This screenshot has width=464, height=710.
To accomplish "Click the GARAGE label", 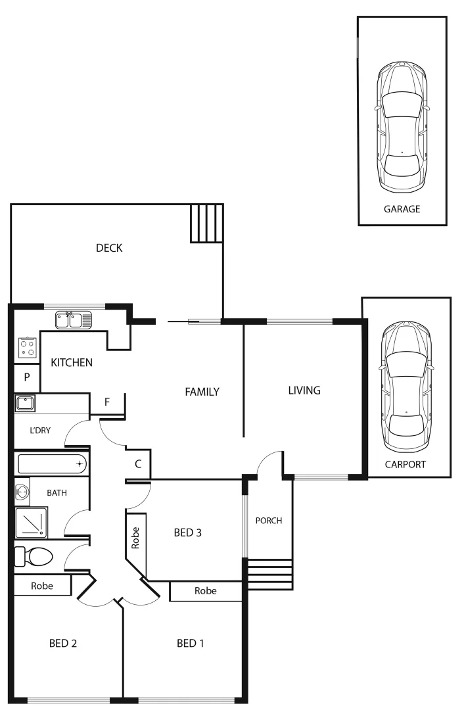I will [x=402, y=210].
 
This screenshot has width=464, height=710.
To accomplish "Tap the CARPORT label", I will [x=406, y=464].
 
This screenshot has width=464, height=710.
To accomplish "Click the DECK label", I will [x=109, y=248].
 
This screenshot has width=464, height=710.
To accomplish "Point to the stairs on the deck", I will [x=207, y=223].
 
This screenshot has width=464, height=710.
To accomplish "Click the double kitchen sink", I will [x=74, y=320].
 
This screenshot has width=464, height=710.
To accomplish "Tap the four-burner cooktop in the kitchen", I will [x=28, y=346].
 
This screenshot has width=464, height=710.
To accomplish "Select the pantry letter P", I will [x=27, y=377].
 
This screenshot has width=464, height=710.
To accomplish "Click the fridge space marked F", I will [x=107, y=401].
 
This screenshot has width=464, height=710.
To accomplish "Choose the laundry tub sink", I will [x=25, y=403].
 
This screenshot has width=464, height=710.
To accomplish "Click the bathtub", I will [x=52, y=464].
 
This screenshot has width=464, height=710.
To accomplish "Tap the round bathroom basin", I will [x=22, y=491].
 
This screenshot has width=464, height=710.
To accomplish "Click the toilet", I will [x=34, y=556].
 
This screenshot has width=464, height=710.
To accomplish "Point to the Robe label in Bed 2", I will [x=42, y=585].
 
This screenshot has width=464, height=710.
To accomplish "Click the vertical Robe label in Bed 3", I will [x=136, y=538].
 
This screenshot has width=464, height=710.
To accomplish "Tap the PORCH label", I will [x=268, y=521].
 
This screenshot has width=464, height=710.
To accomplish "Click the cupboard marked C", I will [x=138, y=463].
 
